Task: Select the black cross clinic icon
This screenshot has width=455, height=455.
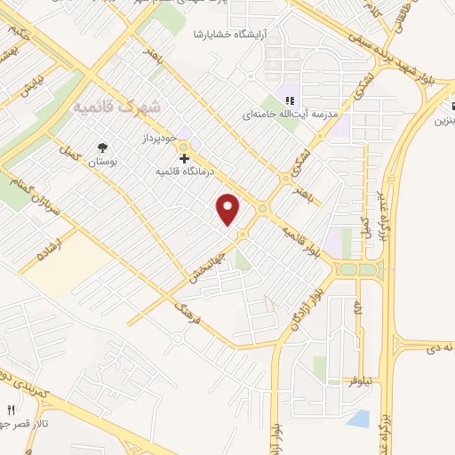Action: [184, 157]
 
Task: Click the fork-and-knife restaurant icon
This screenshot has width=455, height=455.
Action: [11, 411]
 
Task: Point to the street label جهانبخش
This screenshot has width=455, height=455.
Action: [206, 265]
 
